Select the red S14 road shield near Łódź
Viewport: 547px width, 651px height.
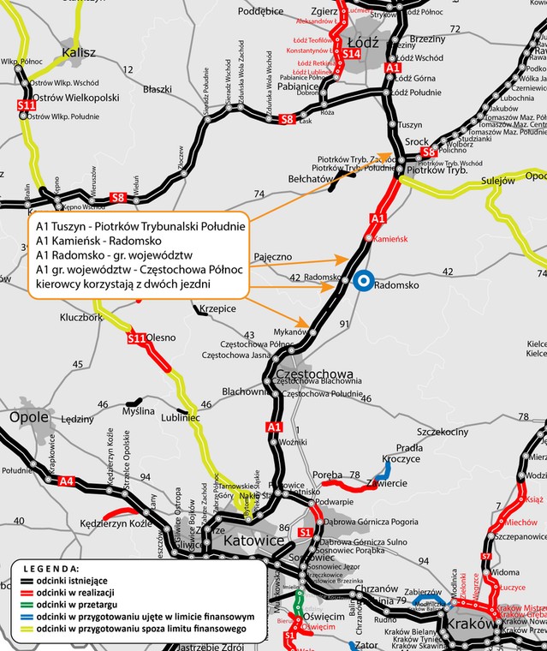click(349, 54)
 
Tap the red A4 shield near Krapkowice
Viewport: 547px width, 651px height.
click(67, 481)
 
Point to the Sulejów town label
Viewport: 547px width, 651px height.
click(497, 181)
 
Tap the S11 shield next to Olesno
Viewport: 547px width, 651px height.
click(136, 339)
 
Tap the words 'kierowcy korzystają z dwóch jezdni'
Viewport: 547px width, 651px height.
click(124, 283)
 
